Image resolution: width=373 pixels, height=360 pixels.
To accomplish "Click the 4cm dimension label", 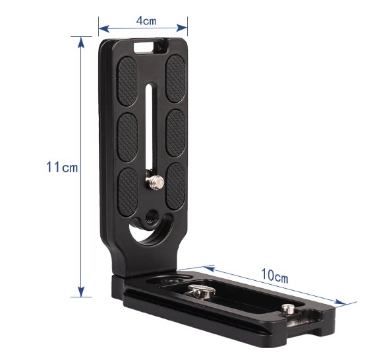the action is (x=146, y=20).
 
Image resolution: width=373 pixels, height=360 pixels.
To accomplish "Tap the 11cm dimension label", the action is (x=62, y=167).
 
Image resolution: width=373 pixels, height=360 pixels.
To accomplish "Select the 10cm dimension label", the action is (x=275, y=276).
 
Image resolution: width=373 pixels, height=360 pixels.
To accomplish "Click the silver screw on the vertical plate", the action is (x=155, y=182).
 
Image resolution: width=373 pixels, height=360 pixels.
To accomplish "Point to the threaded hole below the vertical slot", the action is (x=150, y=217).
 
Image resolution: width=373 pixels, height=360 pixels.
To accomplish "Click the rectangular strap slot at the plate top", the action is (x=144, y=47).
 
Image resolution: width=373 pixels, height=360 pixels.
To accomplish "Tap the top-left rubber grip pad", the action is (x=127, y=81).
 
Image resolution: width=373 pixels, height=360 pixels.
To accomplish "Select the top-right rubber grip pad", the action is (x=175, y=79).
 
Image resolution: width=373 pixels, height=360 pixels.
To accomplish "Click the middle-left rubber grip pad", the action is (x=127, y=137).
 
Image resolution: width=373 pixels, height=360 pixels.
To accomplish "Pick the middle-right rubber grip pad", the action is (x=176, y=133).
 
